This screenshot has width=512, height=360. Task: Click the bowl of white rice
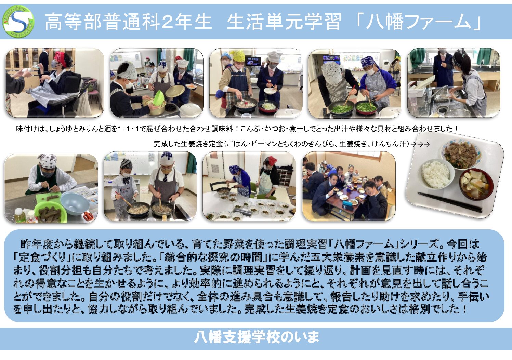click(436, 174)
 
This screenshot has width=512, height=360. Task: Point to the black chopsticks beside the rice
click(449, 202)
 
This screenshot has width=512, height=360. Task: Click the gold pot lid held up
click(175, 91)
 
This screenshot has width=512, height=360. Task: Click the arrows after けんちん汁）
click(420, 144)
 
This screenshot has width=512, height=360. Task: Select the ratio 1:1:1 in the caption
click(128, 129)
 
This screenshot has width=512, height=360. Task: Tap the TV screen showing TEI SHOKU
click(254, 61)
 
